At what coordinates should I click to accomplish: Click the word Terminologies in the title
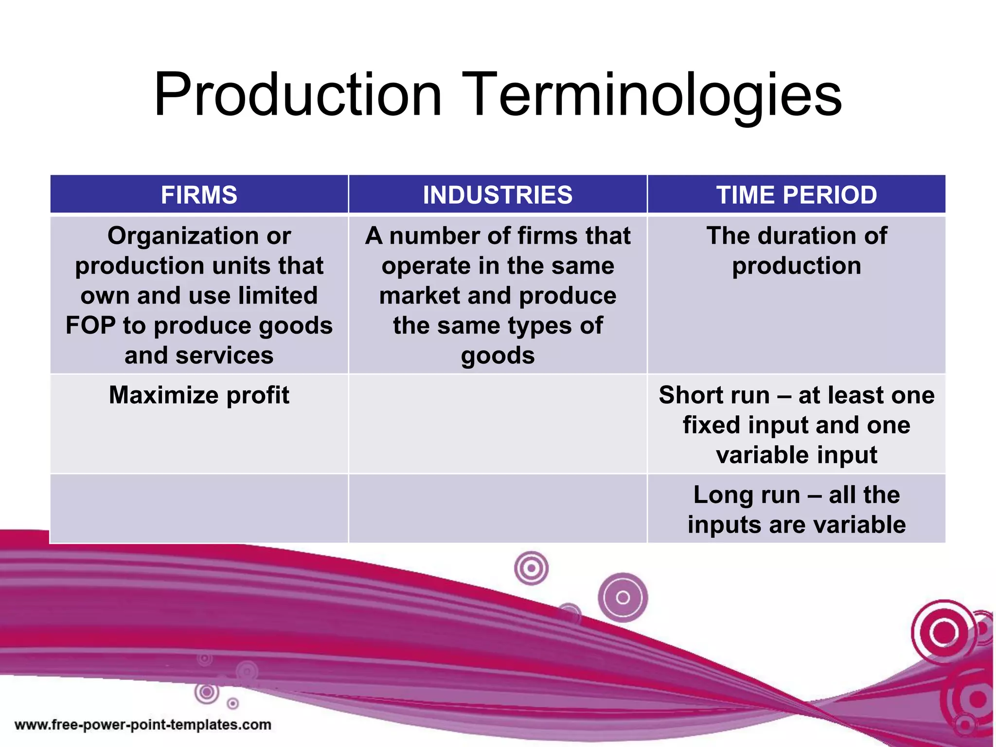(x=652, y=94)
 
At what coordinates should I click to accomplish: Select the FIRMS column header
(x=199, y=195)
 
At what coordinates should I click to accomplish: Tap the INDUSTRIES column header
(x=498, y=195)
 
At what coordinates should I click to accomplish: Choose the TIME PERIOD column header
(x=796, y=195)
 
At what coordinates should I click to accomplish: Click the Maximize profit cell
(x=199, y=395)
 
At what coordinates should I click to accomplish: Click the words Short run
(x=714, y=395)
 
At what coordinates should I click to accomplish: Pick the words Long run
(x=747, y=495)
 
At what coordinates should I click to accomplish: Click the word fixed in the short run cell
(x=712, y=425)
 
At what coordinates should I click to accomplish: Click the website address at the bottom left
(x=142, y=725)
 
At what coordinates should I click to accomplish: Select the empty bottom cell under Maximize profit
(x=199, y=509)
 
